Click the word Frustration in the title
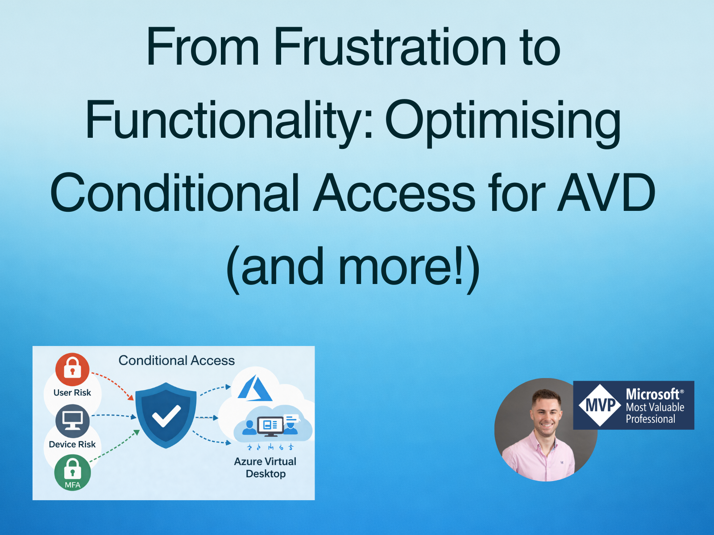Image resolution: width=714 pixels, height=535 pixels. pyautogui.click(x=390, y=47)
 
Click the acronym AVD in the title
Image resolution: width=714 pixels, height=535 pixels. pyautogui.click(x=606, y=193)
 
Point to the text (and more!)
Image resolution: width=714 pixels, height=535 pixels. pyautogui.click(x=353, y=267)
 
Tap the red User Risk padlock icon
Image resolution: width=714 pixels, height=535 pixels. pyautogui.click(x=72, y=369)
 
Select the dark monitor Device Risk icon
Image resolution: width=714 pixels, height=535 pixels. pyautogui.click(x=72, y=420)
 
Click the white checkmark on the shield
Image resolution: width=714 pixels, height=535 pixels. pyautogui.click(x=166, y=416)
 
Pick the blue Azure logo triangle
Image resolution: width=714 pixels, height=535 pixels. pyautogui.click(x=255, y=389)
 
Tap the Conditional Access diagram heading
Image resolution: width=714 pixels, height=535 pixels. pyautogui.click(x=176, y=360)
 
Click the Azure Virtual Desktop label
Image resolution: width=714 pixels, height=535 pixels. pyautogui.click(x=265, y=467)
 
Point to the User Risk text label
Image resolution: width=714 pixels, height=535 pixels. pyautogui.click(x=72, y=393)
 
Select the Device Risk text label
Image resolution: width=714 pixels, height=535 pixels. pyautogui.click(x=72, y=444)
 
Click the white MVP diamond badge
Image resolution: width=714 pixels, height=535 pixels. pyautogui.click(x=600, y=405)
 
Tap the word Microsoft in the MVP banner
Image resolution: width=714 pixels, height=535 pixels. pyautogui.click(x=652, y=394)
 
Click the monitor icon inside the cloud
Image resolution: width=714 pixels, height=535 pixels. pyautogui.click(x=270, y=426)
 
